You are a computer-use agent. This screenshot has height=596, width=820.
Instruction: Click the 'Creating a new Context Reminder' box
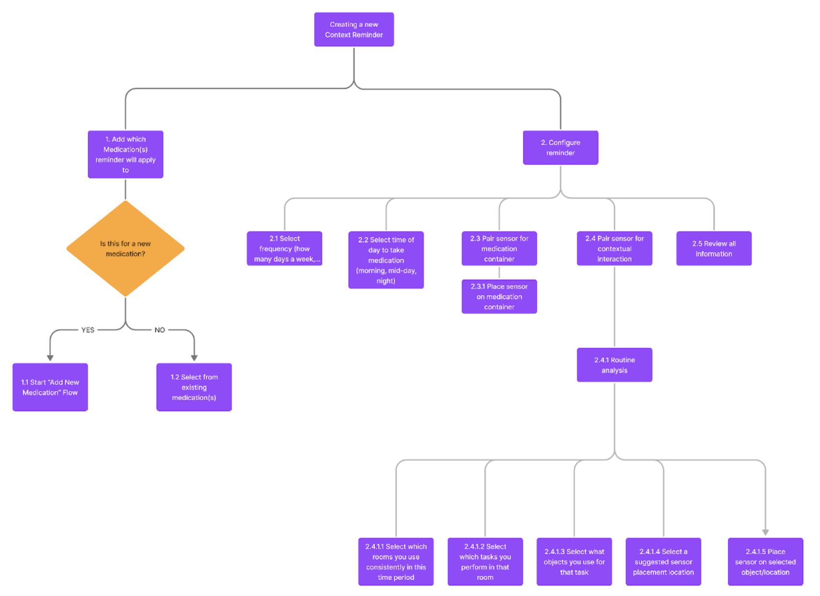point(354,30)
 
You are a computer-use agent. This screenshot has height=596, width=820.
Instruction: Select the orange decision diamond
point(125,249)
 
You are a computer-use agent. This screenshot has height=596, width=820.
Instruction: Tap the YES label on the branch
point(88,330)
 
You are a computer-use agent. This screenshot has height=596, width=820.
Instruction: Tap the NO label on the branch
point(160,330)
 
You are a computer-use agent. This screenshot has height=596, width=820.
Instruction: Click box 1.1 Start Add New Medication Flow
point(50,387)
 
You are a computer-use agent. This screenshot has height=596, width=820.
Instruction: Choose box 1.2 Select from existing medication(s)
point(194,387)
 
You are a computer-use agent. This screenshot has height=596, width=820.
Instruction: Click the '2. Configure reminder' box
point(560,148)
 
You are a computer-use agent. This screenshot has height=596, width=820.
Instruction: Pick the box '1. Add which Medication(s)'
point(125,154)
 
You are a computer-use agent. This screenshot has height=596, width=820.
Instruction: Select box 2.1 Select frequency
point(284,249)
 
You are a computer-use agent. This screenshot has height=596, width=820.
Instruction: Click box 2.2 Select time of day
point(386,260)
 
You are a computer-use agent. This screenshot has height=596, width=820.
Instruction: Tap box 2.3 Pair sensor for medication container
point(499,249)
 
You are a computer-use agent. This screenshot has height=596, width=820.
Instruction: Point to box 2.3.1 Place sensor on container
point(499,297)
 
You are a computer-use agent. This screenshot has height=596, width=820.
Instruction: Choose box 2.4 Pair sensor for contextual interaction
point(614,249)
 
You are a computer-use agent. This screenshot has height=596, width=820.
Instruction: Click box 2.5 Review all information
point(714,249)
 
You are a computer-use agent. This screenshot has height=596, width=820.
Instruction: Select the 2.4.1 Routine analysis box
point(614,365)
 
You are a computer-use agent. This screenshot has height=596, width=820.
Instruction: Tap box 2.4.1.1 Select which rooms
point(396,562)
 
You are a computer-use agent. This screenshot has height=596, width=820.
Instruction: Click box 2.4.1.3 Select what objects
point(574,562)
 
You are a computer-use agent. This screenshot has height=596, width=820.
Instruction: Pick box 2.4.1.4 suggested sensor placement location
point(663,562)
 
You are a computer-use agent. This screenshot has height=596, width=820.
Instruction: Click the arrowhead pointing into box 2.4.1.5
point(765,532)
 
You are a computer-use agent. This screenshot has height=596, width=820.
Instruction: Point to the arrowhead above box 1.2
point(194,358)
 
